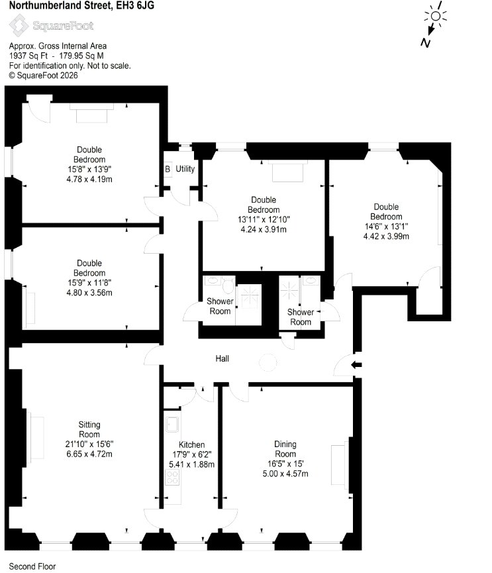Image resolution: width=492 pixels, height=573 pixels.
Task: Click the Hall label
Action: point(222,358)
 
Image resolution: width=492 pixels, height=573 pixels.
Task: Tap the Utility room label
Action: point(185,169)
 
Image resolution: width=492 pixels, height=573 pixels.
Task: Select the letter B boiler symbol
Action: point(168,169)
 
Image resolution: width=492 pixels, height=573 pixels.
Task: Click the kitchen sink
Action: point(172,424)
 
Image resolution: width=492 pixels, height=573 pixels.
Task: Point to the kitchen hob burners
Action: point(172,477)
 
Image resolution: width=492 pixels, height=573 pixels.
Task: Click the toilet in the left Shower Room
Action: point(228,285)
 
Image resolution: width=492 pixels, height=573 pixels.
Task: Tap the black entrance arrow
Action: point(356,364)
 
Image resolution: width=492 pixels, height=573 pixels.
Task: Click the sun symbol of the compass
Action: point(436,16)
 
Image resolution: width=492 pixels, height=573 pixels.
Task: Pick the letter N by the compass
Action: point(425,43)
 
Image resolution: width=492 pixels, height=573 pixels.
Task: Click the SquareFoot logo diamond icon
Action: point(19,25)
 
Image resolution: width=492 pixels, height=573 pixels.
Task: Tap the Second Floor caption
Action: point(32,566)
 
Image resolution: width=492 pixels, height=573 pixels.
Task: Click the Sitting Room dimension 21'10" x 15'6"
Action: point(89,444)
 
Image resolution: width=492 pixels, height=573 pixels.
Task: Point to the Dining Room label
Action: point(285,449)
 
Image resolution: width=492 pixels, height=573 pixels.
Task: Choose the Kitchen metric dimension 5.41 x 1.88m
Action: point(192,464)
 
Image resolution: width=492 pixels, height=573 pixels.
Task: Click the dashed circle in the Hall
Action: point(268,362)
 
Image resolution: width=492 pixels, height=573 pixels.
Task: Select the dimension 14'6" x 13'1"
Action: point(386,227)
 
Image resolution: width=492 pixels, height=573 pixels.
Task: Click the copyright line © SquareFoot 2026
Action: point(44,76)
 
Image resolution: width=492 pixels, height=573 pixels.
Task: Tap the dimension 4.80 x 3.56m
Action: point(89,293)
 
